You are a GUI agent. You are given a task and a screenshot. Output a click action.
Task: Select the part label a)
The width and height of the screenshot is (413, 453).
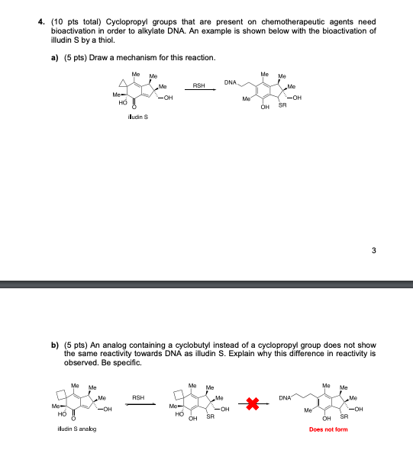coord(56,58)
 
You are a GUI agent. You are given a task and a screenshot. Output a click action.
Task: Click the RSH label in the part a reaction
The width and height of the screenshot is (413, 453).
coord(199,86)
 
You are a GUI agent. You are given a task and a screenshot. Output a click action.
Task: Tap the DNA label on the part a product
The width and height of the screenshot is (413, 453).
coord(232,81)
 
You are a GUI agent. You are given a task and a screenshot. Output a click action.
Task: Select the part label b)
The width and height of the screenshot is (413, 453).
coord(56,346)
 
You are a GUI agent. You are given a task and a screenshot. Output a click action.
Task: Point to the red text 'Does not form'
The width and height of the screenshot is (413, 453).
coord(328,429)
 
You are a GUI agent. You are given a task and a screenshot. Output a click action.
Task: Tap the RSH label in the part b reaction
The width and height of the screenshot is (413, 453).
coord(139,397)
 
